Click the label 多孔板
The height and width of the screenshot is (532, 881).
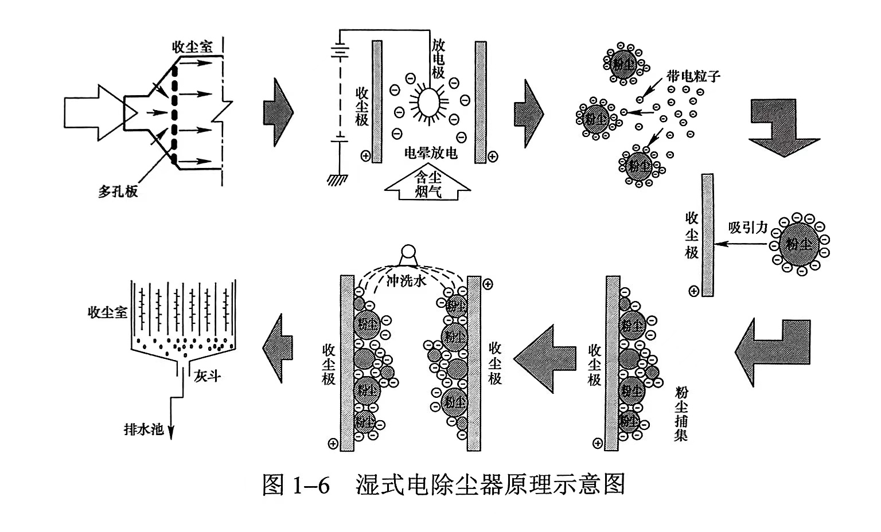tap(118, 192)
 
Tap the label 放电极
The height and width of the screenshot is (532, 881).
tap(439, 58)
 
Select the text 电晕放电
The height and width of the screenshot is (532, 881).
tap(431, 153)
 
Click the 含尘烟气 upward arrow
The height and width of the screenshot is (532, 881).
tap(428, 183)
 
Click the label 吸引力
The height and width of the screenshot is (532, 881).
tap(747, 228)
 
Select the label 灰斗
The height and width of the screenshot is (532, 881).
tap(207, 376)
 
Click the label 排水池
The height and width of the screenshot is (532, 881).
tap(144, 429)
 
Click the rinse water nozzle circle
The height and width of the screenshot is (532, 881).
tap(408, 252)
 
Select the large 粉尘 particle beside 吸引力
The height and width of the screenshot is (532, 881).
tap(799, 244)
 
